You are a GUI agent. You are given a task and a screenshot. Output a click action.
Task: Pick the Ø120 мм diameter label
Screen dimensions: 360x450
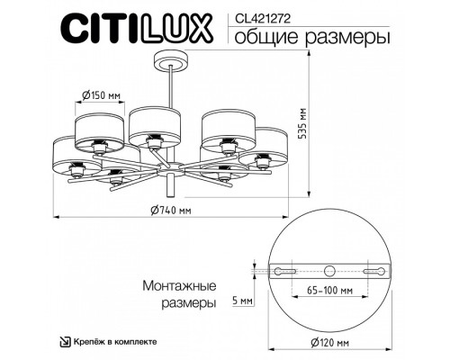click(335, 344)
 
